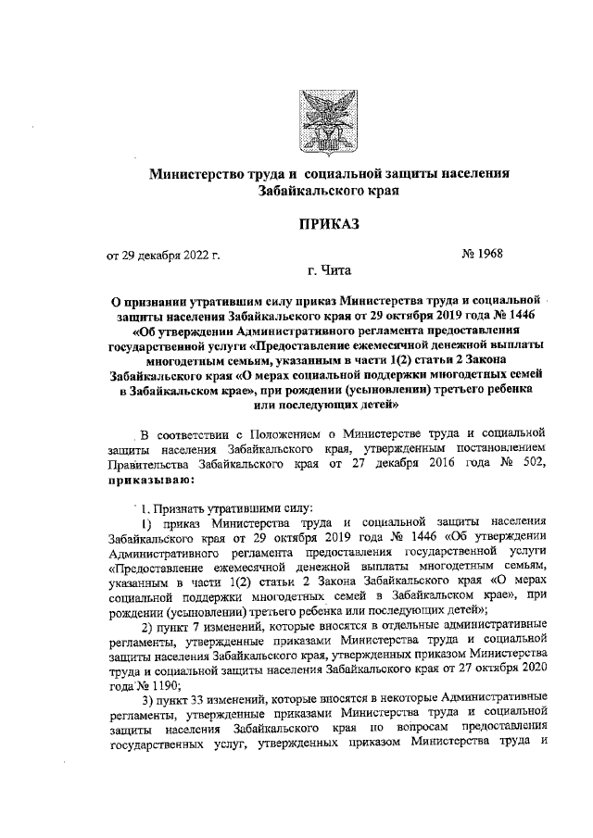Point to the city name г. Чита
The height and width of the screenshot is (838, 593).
pos(329,271)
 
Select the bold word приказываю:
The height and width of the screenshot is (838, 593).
pos(151,482)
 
